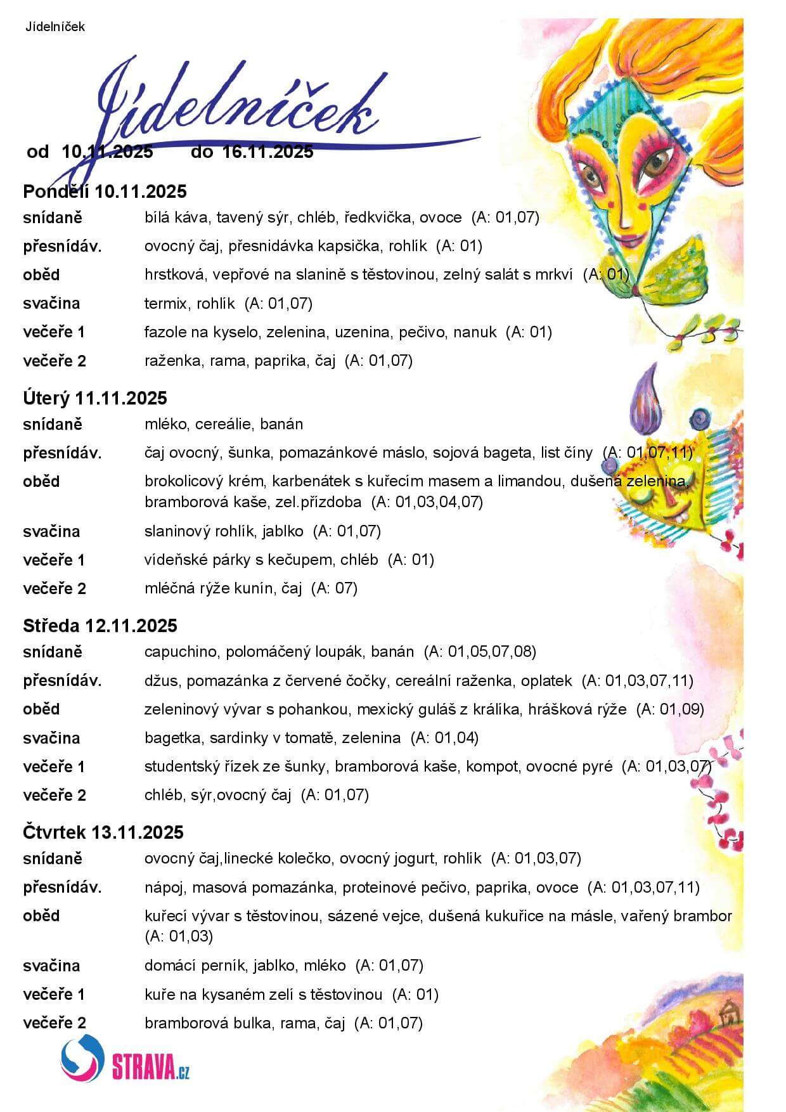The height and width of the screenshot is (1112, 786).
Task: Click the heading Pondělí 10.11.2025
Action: (105, 191)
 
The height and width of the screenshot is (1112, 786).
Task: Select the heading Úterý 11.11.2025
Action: (95, 398)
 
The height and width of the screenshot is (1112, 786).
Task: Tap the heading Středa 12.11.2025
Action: (100, 626)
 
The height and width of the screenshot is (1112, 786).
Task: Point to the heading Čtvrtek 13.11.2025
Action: (103, 832)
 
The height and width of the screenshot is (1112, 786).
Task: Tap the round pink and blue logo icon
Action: (82, 1058)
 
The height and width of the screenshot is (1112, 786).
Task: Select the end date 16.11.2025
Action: (267, 152)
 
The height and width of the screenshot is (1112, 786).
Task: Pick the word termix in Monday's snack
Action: (165, 304)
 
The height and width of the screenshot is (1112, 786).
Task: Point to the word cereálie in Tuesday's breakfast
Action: (222, 424)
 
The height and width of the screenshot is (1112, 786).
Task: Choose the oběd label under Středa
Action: (41, 709)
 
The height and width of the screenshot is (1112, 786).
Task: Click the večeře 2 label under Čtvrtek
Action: (55, 1023)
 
